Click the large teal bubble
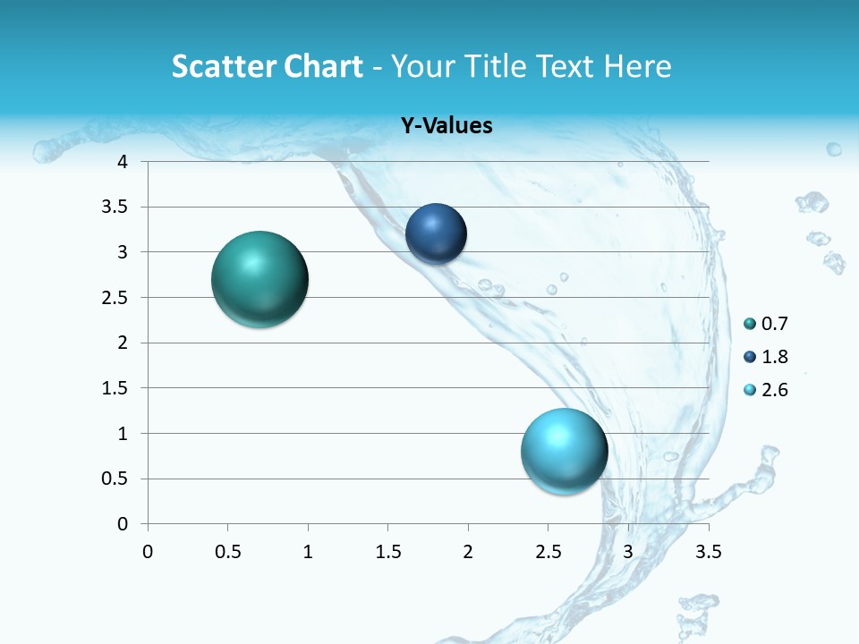tap(259, 279)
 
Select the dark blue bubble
tap(436, 234)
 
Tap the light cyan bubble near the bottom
tap(564, 451)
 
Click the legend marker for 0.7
tap(750, 324)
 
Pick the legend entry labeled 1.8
tap(774, 357)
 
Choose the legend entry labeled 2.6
tap(774, 390)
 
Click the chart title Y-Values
tap(446, 126)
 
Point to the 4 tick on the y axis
tap(123, 162)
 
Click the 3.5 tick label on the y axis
tap(115, 208)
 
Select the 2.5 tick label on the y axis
tap(115, 298)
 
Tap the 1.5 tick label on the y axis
tap(115, 388)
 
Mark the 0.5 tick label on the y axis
tap(115, 479)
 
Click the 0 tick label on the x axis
tap(148, 552)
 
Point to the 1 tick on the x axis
tap(308, 552)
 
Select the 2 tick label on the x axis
tap(468, 552)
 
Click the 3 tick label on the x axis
tap(628, 552)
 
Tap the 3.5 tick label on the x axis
tap(708, 552)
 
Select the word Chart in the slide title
tap(321, 66)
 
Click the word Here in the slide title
tap(636, 66)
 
